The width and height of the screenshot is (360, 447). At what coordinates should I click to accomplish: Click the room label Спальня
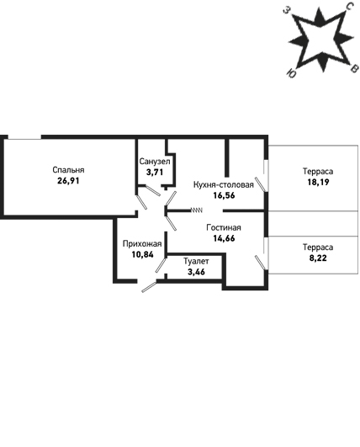(68, 170)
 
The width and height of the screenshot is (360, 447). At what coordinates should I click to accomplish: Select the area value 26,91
(68, 181)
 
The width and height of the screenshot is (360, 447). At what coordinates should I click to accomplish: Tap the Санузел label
(155, 162)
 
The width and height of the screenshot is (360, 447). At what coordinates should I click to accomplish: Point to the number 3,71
(155, 173)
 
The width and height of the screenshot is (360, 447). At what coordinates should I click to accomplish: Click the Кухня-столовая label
(224, 184)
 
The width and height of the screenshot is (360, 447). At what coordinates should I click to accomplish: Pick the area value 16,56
(224, 195)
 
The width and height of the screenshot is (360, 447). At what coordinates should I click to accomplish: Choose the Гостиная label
(224, 227)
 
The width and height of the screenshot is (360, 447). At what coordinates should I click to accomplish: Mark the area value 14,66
(224, 238)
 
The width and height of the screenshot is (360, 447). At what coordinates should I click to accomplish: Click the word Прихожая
(142, 244)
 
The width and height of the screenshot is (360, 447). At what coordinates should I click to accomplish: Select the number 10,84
(142, 254)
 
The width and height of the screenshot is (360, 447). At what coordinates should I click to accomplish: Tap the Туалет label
(196, 261)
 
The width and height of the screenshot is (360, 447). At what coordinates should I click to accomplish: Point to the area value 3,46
(196, 272)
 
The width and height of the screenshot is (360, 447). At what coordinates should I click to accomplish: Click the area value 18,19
(318, 182)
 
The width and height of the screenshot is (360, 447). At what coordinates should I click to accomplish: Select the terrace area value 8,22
(318, 258)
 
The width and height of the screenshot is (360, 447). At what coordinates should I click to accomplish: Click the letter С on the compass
(349, 6)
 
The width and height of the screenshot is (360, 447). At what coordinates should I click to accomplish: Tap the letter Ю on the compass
(291, 73)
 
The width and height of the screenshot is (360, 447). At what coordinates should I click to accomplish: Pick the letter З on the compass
(287, 10)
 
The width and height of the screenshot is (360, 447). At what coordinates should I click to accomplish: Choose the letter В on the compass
(354, 68)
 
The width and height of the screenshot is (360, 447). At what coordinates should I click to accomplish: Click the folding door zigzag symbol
(197, 210)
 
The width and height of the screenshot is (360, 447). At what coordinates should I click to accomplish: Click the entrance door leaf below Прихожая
(150, 287)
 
